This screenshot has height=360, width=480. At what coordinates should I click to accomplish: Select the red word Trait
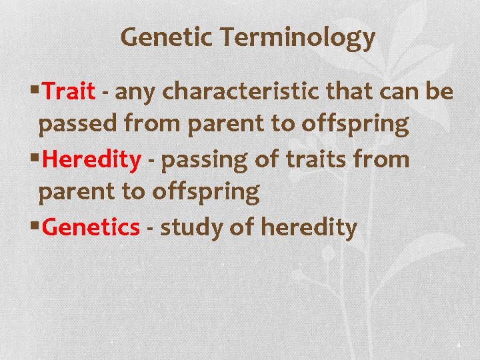pyautogui.click(x=69, y=91)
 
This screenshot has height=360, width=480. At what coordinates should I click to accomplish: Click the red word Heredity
pyautogui.click(x=91, y=159)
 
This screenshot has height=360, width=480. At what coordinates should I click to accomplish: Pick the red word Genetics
pyautogui.click(x=91, y=227)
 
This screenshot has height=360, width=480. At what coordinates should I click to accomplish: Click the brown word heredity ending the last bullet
pyautogui.click(x=309, y=228)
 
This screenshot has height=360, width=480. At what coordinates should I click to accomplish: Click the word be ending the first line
pyautogui.click(x=440, y=91)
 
